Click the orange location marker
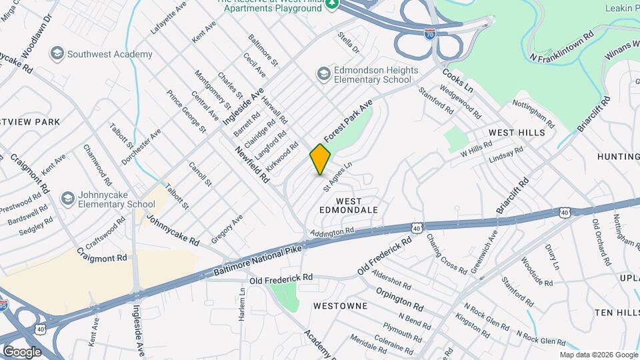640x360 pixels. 320,159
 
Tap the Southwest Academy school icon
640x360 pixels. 58,53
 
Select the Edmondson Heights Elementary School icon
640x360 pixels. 324,72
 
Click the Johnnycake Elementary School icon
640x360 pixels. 67,198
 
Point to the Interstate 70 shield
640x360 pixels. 432,34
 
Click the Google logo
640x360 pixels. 21,351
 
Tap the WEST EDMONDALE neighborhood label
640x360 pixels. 349,205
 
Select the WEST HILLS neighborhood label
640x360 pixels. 517,133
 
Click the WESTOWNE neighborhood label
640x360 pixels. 340,306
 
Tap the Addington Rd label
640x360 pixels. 331,232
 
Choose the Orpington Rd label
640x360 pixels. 399,299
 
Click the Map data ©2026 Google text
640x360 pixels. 598,355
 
